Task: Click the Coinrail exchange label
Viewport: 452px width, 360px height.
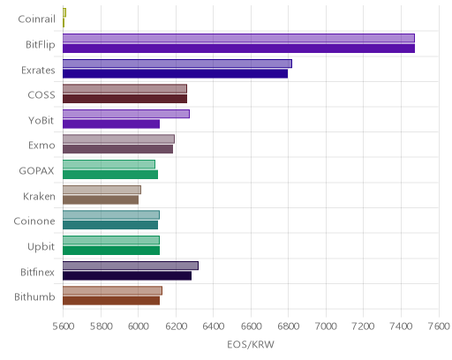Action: point(36,19)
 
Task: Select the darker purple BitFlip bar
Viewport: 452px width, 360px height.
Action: point(238,49)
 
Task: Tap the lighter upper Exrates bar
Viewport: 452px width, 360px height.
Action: point(177,64)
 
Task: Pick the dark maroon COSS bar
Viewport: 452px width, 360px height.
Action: point(124,99)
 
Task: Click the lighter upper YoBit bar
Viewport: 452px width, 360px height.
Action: point(126,114)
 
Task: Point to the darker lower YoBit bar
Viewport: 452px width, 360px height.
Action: point(111,124)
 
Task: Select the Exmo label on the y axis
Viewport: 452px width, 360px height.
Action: point(41,146)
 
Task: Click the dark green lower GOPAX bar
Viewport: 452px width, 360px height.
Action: point(110,175)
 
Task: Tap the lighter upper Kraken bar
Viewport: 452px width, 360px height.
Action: point(102,190)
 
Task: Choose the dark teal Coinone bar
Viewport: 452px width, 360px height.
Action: point(110,225)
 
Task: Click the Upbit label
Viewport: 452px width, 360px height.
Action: point(41,247)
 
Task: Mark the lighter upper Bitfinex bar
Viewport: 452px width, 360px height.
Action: point(131,266)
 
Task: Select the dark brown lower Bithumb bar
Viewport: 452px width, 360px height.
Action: point(111,301)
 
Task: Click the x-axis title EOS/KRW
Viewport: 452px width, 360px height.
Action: point(251,344)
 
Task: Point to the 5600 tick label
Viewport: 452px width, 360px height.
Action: point(64,326)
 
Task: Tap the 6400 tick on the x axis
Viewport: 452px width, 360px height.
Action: point(214,326)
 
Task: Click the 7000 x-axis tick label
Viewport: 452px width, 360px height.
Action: point(326,326)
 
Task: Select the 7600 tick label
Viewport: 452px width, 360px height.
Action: point(439,326)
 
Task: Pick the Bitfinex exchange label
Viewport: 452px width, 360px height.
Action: point(37,272)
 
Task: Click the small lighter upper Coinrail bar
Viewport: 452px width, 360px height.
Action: point(64,12)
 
